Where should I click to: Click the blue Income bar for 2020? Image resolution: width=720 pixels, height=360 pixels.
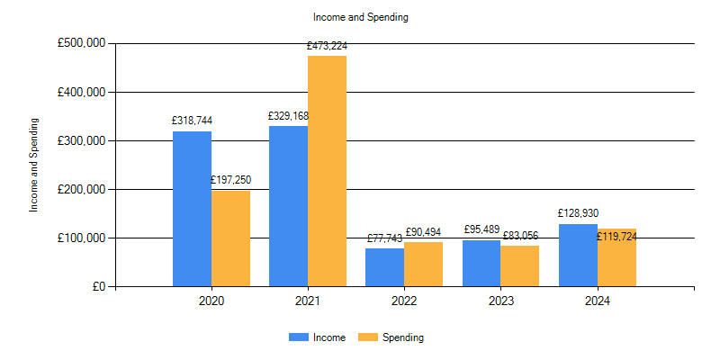click(x=192, y=209)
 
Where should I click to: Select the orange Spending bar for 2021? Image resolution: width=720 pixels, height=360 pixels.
click(x=327, y=171)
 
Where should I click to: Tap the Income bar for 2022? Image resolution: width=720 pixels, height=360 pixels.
click(x=384, y=267)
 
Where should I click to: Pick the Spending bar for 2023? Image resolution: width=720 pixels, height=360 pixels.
click(x=519, y=266)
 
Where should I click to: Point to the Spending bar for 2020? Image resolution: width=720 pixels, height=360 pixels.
click(x=230, y=238)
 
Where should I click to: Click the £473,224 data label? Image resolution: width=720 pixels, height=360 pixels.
click(x=327, y=45)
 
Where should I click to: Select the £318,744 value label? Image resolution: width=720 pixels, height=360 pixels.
click(x=192, y=121)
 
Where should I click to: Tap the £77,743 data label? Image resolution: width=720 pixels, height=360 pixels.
click(x=384, y=238)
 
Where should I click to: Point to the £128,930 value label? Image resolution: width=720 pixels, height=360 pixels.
click(x=578, y=213)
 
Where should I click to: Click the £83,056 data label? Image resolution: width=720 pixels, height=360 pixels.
click(x=519, y=236)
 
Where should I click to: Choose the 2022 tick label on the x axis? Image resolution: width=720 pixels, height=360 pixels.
click(x=404, y=301)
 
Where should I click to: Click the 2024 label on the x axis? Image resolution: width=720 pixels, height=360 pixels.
click(x=597, y=301)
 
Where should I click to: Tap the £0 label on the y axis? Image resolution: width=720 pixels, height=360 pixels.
click(x=96, y=287)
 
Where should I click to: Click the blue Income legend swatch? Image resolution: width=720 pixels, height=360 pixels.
click(x=298, y=337)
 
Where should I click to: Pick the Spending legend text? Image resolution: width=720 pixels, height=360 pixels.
click(x=402, y=337)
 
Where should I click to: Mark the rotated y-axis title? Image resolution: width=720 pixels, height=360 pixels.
click(x=35, y=165)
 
